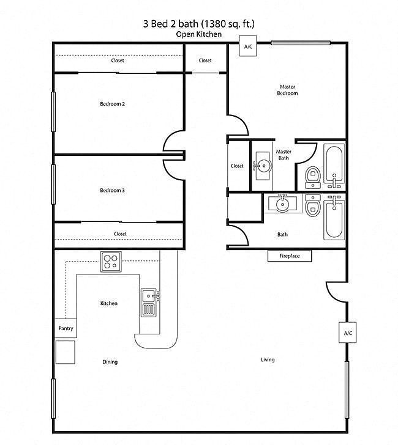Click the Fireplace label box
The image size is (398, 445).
[290, 256]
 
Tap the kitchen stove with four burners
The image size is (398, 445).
[110, 261]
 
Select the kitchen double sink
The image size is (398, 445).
[149, 302]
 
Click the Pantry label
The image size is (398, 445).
[66, 328]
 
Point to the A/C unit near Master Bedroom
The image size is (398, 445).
[248, 47]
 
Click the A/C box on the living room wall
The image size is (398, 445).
[348, 333]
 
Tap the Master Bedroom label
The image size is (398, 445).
[287, 90]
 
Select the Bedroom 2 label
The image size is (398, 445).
[112, 104]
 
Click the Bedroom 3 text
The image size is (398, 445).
[112, 191]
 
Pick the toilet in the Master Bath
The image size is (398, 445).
[313, 177]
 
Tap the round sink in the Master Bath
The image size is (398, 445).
[264, 165]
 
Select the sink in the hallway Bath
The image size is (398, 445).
[282, 203]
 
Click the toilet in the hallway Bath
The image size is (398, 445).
[313, 206]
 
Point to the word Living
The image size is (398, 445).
[268, 359]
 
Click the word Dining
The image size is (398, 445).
[110, 362]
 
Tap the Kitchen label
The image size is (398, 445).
[109, 303]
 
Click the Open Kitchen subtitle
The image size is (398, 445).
[198, 34]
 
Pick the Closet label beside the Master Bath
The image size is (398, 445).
[237, 166]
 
